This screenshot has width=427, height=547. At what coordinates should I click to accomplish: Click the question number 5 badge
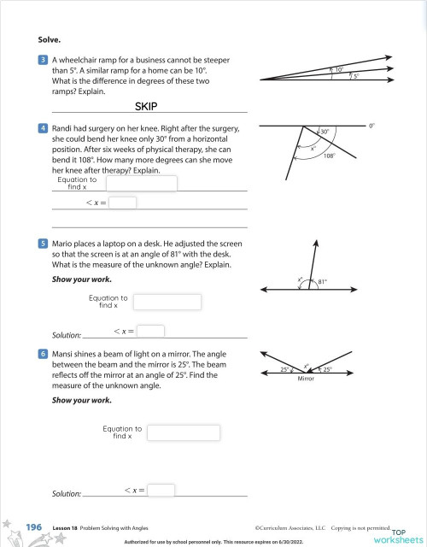43,244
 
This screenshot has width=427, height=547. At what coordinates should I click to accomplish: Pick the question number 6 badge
43,352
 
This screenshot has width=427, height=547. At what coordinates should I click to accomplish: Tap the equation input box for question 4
142,184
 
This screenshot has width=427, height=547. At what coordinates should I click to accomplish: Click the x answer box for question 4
123,203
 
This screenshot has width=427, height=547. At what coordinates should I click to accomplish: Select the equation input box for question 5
167,302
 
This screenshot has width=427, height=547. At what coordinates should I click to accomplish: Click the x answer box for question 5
150,331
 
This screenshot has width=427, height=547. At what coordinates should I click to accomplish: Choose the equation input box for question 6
184,432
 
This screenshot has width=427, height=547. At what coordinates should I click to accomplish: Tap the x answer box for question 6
161,490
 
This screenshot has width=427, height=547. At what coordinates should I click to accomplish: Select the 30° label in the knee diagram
325,132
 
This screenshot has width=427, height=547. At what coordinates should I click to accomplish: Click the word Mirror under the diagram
306,377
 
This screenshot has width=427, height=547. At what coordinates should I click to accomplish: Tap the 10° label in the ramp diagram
339,69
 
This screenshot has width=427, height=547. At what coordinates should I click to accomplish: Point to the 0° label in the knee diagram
371,126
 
